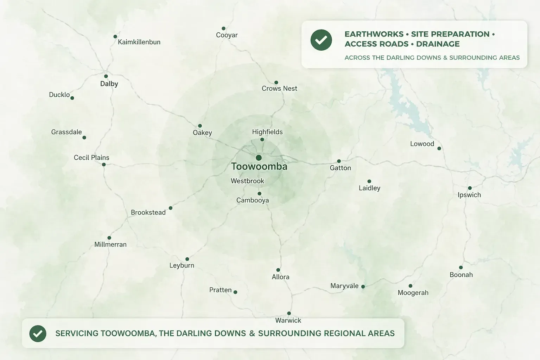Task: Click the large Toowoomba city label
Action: (259, 167)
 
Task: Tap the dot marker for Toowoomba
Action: (259, 157)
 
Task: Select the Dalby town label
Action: (109, 84)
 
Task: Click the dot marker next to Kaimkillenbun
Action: (115, 37)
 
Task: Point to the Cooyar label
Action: (227, 35)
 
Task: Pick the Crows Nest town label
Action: (279, 89)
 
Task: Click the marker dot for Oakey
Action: (200, 126)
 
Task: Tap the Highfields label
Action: (267, 132)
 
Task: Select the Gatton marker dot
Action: (339, 161)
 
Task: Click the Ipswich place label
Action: (469, 195)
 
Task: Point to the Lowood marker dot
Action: (439, 148)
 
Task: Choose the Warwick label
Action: (288, 320)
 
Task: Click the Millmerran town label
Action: (110, 244)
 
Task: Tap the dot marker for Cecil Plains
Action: (104, 165)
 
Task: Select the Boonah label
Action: (461, 275)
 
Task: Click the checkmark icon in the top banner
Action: (321, 40)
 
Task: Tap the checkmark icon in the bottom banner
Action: (38, 333)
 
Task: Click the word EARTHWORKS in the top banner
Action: (374, 34)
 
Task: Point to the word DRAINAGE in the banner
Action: (438, 44)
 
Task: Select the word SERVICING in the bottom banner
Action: (77, 333)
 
